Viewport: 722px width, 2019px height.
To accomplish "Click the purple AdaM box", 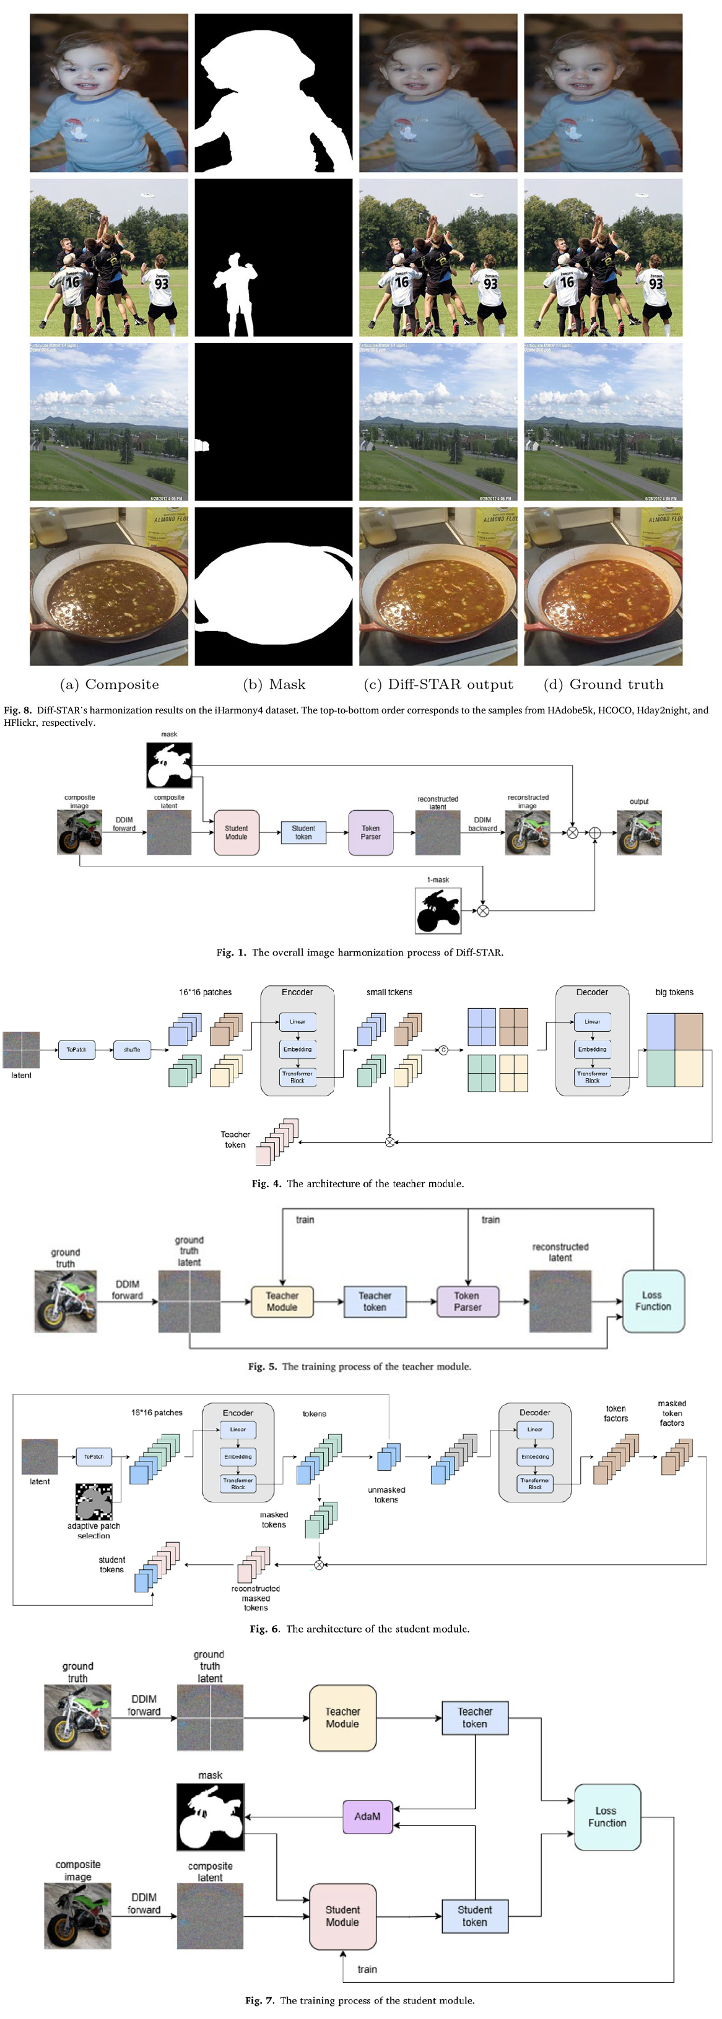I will (x=368, y=1816).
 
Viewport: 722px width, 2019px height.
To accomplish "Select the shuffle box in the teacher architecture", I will (x=132, y=1050).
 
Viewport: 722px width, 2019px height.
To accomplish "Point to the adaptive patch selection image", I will (x=94, y=1502).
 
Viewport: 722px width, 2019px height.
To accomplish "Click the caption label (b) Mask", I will (x=274, y=684).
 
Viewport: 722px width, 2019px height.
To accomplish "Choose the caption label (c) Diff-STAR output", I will (x=439, y=684).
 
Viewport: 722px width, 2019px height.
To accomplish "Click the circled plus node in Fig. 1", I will (x=595, y=833).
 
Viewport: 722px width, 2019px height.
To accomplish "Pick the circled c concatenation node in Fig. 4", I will (x=443, y=1050).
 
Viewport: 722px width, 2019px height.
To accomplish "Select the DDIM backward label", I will (x=483, y=824).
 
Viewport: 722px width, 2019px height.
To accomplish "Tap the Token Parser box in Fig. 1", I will (x=371, y=832).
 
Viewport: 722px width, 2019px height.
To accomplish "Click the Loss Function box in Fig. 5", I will (x=653, y=1301).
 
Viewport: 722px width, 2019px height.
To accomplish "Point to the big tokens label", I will (x=674, y=992).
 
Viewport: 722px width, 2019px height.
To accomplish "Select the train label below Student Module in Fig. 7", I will (x=367, y=1969).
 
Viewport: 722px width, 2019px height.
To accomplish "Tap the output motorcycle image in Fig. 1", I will (x=639, y=832).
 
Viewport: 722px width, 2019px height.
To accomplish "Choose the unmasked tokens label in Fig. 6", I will (x=386, y=1494).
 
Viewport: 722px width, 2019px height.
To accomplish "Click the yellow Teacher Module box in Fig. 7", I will (x=342, y=1718).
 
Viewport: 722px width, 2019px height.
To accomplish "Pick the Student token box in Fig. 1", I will (x=303, y=832).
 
